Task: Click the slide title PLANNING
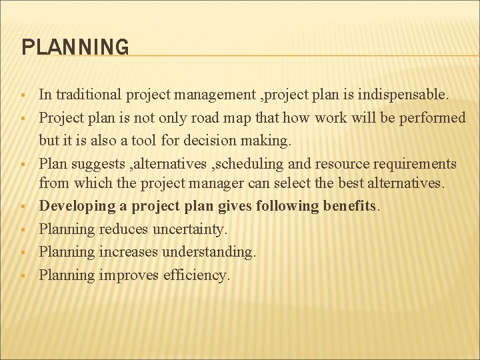click(x=75, y=47)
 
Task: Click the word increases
click(x=128, y=251)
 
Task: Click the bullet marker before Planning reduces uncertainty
click(x=24, y=230)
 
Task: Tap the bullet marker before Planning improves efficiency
click(x=24, y=275)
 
